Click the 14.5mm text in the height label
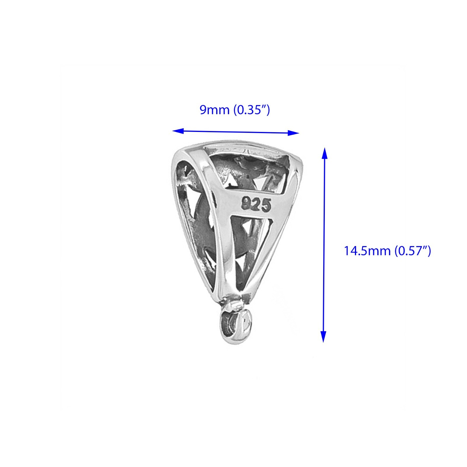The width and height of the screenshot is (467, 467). [367, 251]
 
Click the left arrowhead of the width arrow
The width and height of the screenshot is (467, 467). [178, 131]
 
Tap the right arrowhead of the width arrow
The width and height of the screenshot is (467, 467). [294, 133]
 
